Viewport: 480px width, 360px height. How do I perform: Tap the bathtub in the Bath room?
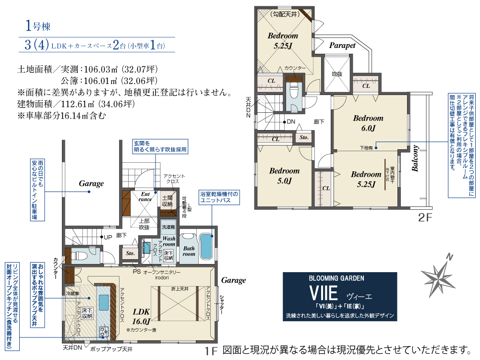(x=207, y=247)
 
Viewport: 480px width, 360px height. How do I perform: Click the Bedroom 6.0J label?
(x=368, y=123)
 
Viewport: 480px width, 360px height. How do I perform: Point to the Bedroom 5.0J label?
(x=284, y=176)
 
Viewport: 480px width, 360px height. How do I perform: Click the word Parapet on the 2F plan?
(x=342, y=46)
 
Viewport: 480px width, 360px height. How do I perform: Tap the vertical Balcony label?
(x=415, y=158)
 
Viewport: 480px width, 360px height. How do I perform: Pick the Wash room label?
(x=168, y=241)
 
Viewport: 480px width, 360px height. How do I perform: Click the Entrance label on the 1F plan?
(x=145, y=196)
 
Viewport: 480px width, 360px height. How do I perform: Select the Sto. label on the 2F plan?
(x=304, y=138)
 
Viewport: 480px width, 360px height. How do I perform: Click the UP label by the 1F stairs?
(x=108, y=237)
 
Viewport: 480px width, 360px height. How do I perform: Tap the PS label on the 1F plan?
(x=137, y=271)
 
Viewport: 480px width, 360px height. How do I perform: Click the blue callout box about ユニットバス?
(x=218, y=197)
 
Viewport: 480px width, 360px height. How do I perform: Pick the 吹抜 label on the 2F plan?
(x=336, y=74)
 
